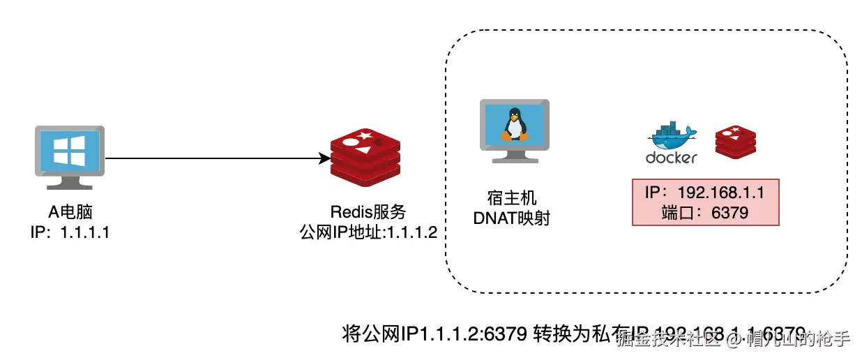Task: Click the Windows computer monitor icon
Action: pos(69,157)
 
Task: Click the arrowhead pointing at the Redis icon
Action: pos(324,158)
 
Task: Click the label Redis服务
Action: pos(368,213)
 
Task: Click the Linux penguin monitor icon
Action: pos(514,131)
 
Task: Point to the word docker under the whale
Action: pos(671,158)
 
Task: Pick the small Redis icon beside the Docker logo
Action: pos(736,141)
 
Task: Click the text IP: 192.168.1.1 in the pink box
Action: pos(705,193)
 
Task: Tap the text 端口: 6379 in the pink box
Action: pos(705,213)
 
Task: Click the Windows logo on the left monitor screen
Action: pos(69,151)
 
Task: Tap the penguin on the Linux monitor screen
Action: pos(514,125)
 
